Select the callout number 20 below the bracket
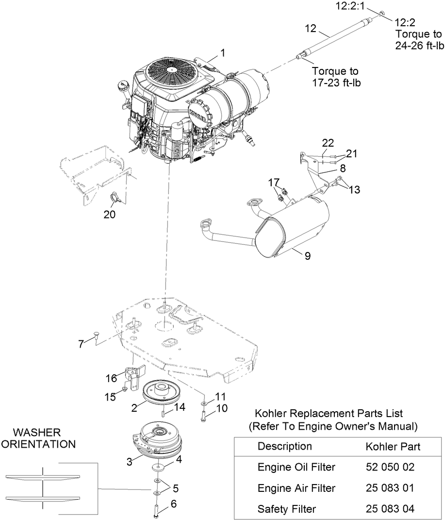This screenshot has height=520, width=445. [110, 214]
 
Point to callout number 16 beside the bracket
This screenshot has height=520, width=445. [112, 378]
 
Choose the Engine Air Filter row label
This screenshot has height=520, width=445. [297, 488]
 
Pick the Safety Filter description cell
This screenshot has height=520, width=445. [286, 509]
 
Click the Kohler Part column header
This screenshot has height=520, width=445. [393, 446]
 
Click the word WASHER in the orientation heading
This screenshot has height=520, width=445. [36, 432]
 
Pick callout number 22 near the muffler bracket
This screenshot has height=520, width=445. [328, 143]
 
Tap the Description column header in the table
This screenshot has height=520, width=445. [284, 446]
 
